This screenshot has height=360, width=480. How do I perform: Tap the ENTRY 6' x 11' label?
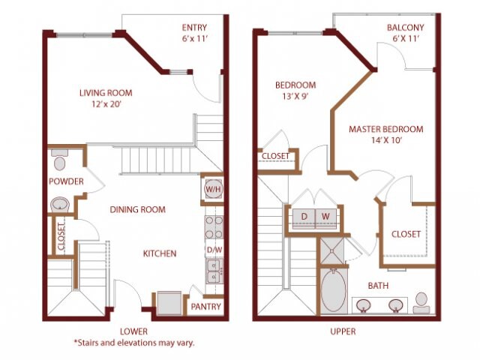pos(194,34)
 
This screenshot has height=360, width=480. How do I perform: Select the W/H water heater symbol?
pos(211,190)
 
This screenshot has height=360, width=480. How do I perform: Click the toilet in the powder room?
pos(60,162)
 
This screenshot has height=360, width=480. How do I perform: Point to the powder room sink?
pos(59,204)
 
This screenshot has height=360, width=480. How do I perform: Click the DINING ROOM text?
pos(137,209)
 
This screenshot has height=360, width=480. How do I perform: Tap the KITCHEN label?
pos(160,253)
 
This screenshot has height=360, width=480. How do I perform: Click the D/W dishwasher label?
pos(213,249)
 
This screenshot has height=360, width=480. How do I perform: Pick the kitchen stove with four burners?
pos(213,226)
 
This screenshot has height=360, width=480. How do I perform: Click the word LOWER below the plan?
pos(133,331)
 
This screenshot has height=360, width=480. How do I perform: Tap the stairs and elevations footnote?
pos(133,343)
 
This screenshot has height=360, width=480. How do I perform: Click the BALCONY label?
pos(405,28)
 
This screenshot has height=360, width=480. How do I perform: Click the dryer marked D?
pos(304,217)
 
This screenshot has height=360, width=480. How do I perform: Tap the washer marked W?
pos(325,217)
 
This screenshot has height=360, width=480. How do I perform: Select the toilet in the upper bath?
pos(421,301)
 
